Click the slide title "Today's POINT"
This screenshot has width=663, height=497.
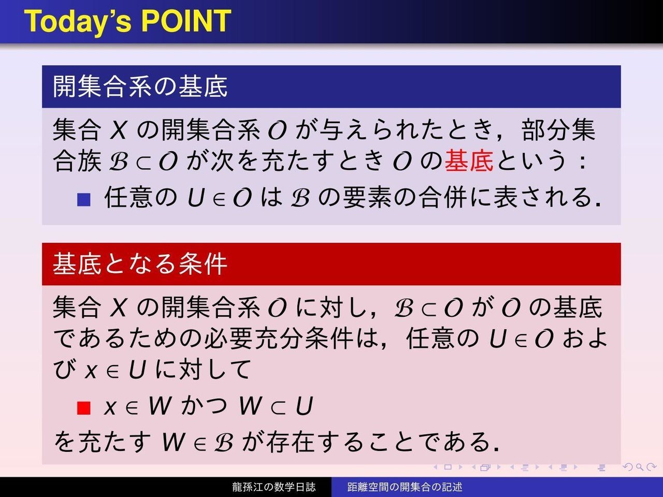pyautogui.click(x=127, y=21)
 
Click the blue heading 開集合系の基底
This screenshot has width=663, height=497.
pyautogui.click(x=140, y=86)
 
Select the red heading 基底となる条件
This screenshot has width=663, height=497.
pyautogui.click(x=140, y=264)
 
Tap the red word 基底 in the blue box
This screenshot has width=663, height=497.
pyautogui.click(x=469, y=161)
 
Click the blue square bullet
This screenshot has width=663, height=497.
pyautogui.click(x=84, y=200)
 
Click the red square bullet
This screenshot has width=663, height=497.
pyautogui.click(x=84, y=408)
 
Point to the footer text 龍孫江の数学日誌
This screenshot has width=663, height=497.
pyautogui.click(x=274, y=487)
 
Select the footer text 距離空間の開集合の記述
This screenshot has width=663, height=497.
pyautogui.click(x=405, y=487)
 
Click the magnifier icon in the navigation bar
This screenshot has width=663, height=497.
pyautogui.click(x=639, y=467)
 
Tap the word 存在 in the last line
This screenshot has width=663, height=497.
pyautogui.click(x=291, y=442)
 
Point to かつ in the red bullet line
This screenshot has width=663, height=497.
pyautogui.click(x=205, y=405)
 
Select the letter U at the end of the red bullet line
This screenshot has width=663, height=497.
pyautogui.click(x=304, y=406)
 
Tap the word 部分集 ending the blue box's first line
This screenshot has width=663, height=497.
pyautogui.click(x=558, y=130)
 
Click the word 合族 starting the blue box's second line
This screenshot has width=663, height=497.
pyautogui.click(x=77, y=161)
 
